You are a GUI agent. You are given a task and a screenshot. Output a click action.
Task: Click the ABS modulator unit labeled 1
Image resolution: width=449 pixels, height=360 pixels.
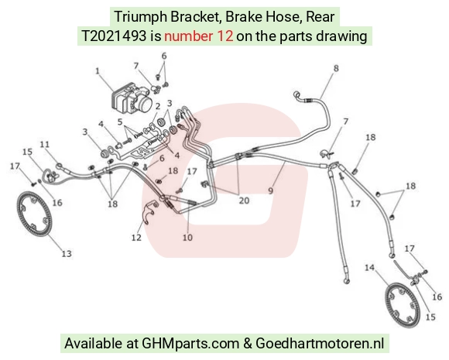coord(131,99)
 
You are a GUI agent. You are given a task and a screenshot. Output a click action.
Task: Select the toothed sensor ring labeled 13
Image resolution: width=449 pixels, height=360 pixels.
coord(34,214)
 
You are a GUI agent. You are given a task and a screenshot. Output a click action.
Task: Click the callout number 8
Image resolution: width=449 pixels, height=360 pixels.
coord(336,68)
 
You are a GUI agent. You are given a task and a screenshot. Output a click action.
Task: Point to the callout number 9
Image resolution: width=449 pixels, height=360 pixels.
coord(271,190)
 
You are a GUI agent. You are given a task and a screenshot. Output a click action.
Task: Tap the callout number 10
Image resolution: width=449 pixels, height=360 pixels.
coord(187,237)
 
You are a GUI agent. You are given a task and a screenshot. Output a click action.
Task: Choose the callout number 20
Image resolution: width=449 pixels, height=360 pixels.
coord(244,201)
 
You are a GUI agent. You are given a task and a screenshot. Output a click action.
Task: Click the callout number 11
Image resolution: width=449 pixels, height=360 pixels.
coord(45,144)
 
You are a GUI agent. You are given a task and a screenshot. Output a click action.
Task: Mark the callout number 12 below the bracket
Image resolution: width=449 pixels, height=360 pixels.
coord(136,238)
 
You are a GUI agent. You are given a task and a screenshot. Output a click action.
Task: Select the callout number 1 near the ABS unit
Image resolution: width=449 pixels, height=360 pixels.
coord(98,70)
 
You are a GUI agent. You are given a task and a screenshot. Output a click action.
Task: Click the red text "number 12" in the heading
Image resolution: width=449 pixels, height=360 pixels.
coord(198,36)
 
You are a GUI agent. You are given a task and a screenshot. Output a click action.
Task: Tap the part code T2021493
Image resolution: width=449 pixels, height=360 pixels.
coord(114,36)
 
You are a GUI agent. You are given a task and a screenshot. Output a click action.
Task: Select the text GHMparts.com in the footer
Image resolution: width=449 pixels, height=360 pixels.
coord(190,343)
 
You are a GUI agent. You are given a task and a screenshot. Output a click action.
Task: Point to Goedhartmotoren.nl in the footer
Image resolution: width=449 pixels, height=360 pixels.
coord(320,343)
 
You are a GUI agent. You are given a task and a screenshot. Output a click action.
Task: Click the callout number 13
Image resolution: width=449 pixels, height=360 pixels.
coord(67,253)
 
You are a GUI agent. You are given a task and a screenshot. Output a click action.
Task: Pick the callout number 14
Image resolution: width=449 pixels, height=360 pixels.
coord(370,268)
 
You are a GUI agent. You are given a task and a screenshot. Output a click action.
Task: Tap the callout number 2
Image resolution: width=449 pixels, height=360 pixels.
coord(158,106)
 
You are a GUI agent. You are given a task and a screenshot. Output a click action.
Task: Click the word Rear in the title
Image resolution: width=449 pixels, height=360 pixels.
coord(320,16)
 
